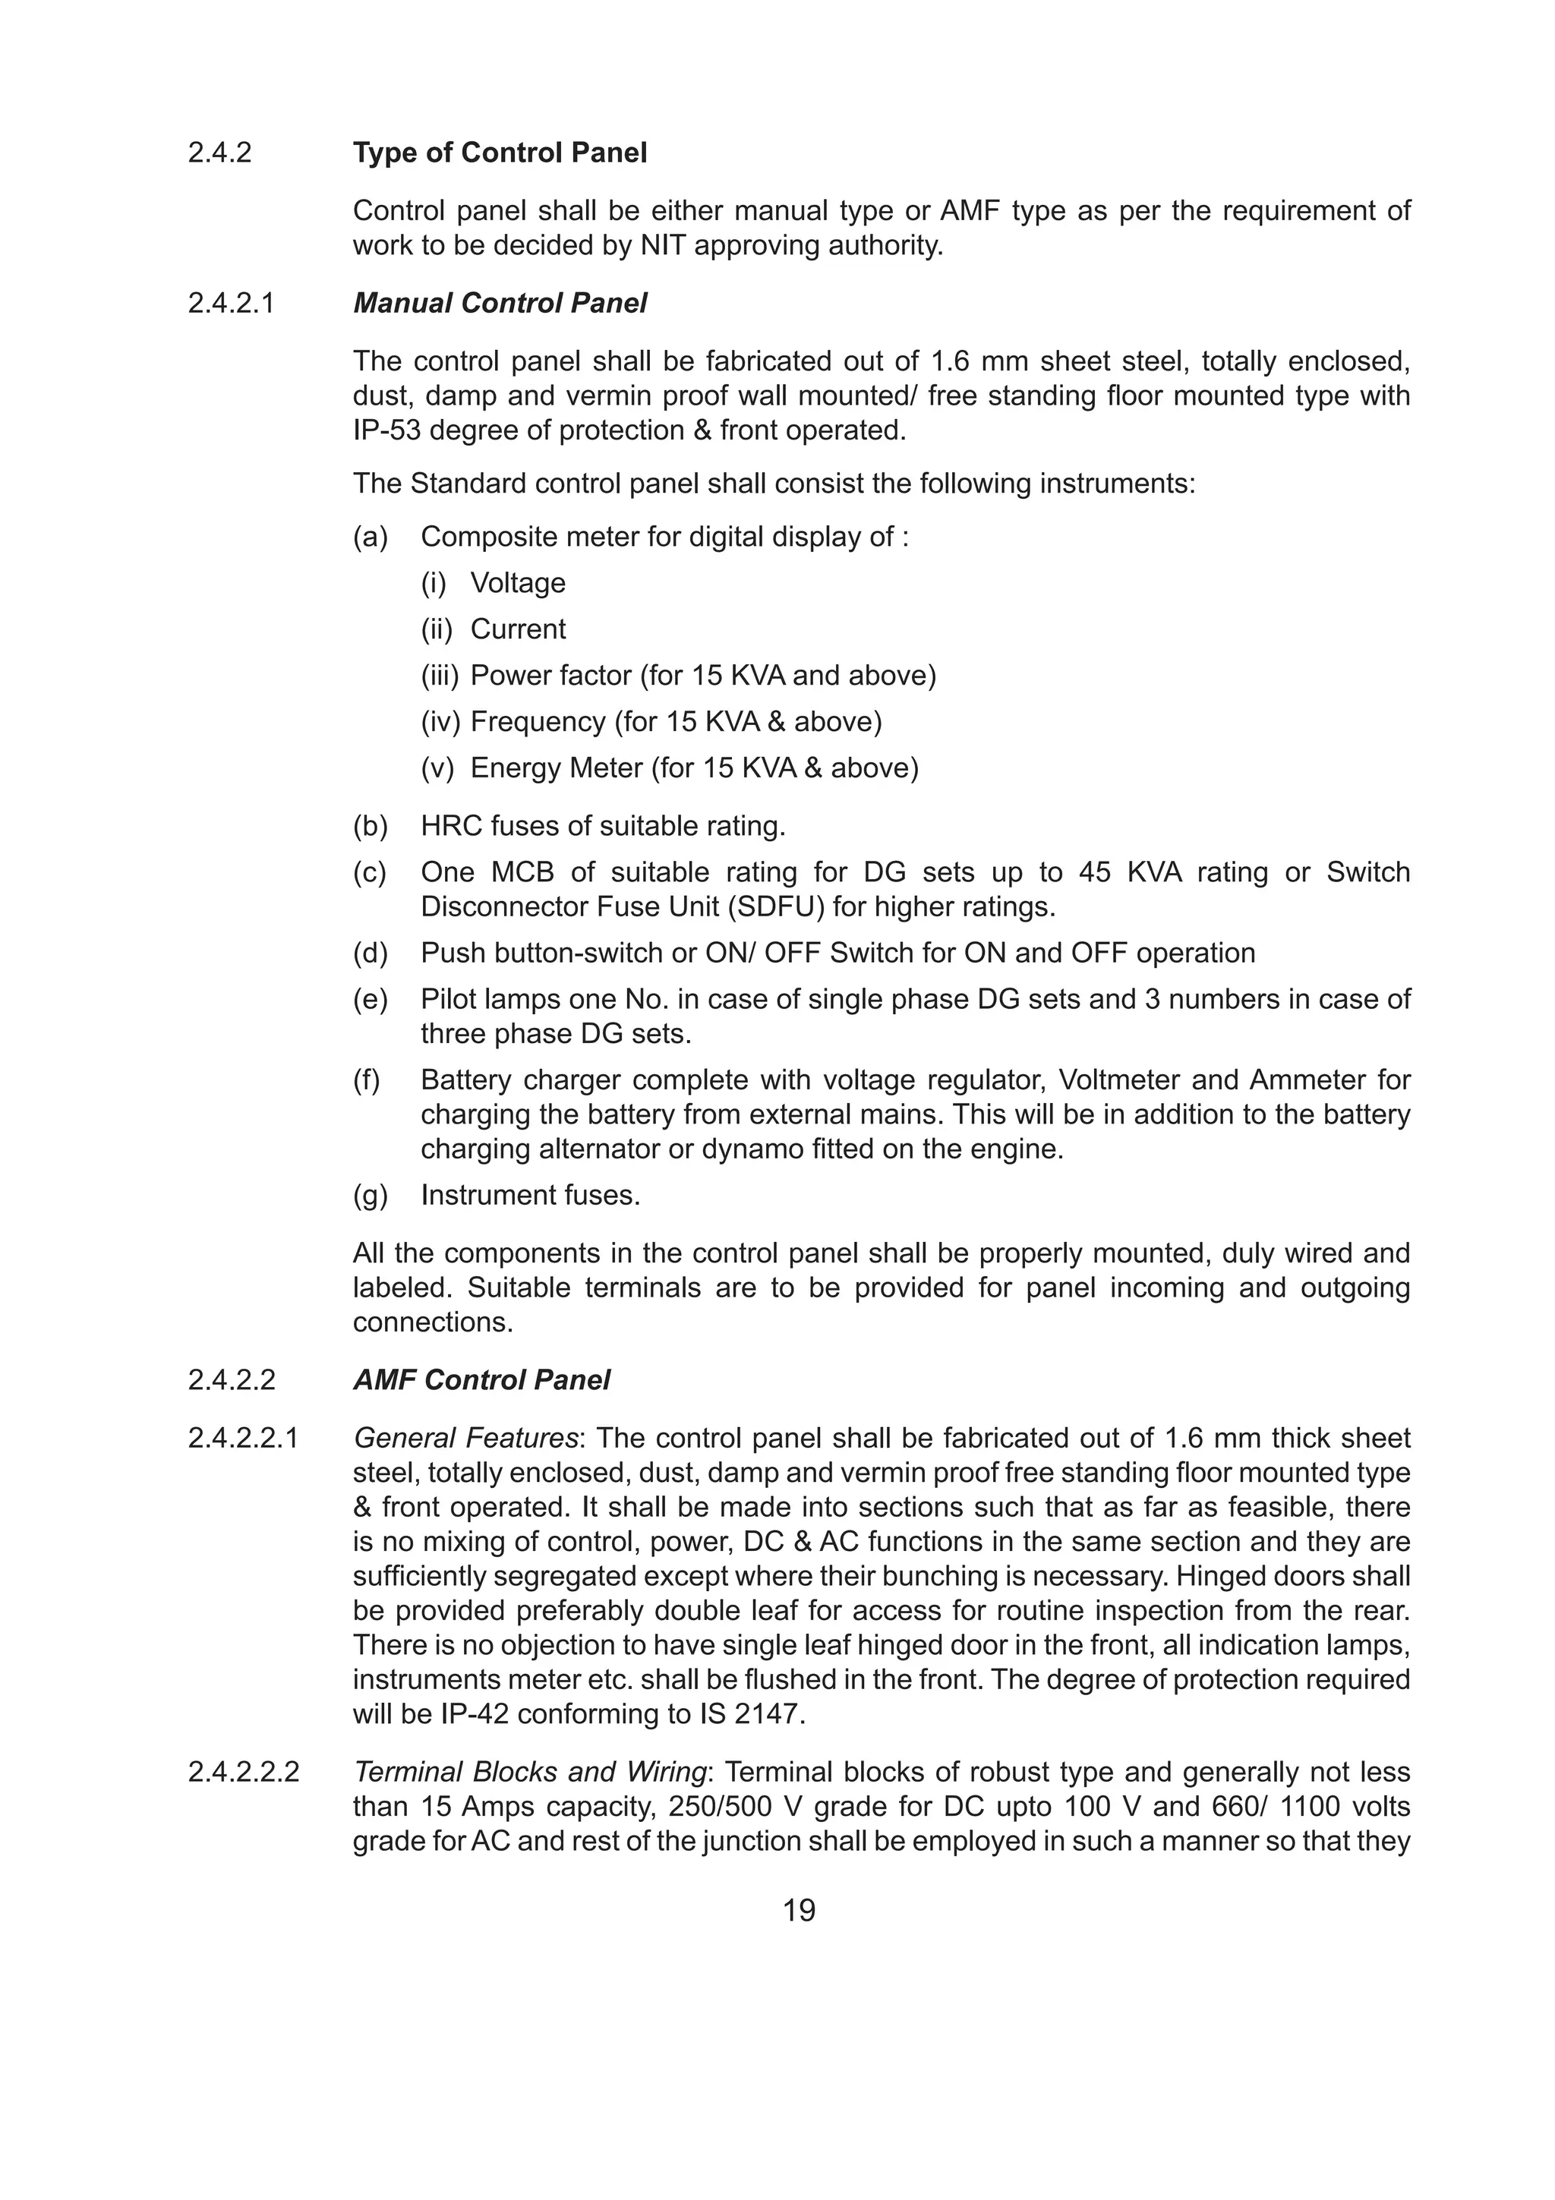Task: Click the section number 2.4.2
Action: point(219,153)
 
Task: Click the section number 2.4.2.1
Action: point(231,304)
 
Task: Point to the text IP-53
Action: point(387,431)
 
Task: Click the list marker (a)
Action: point(370,537)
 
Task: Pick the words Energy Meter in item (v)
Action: point(556,768)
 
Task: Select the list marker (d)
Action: point(370,953)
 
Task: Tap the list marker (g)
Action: point(370,1196)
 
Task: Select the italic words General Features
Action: point(465,1439)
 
